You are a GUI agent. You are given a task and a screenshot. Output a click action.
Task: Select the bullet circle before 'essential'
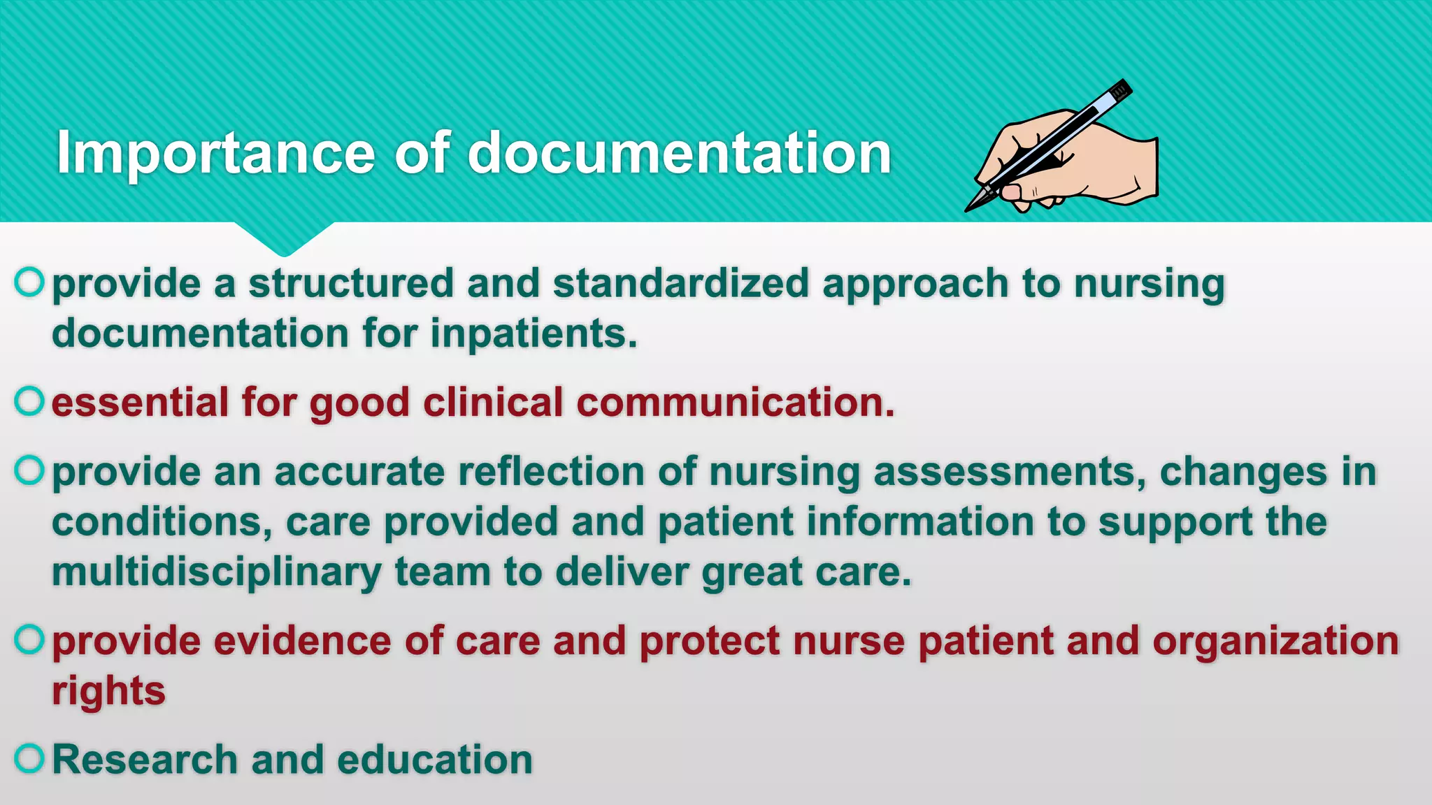tap(29, 401)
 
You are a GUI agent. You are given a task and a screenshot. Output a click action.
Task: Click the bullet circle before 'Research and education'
tap(29, 758)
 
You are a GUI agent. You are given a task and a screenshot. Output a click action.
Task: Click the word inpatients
tap(534, 333)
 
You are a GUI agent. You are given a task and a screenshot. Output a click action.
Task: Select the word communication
tap(736, 403)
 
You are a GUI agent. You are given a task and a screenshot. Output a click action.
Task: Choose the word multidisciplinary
tap(217, 572)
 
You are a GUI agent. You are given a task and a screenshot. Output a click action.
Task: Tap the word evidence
tap(302, 641)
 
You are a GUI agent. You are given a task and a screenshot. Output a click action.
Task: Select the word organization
tap(1275, 641)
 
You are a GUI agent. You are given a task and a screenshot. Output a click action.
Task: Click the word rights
tap(108, 692)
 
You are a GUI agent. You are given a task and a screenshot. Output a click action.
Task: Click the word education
tap(434, 760)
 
